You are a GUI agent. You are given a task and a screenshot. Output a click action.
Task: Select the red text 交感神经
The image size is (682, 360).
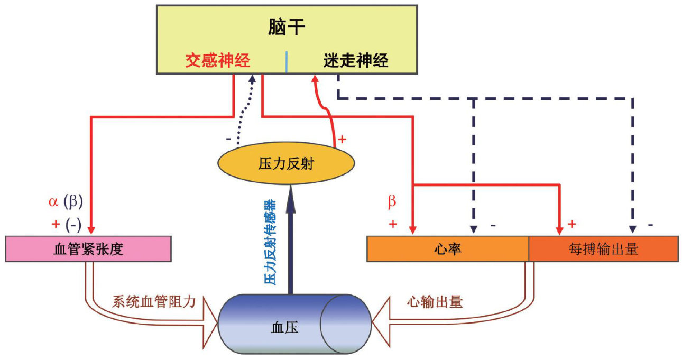217,61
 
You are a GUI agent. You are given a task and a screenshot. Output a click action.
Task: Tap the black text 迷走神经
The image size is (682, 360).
356,61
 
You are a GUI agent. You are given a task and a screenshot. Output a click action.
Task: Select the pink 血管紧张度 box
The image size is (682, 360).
88,249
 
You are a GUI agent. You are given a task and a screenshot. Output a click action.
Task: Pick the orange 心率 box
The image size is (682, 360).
447,249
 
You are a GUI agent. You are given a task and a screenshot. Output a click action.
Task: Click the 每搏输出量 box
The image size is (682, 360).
603,249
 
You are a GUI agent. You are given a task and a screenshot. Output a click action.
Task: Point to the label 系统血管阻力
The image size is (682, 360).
154,302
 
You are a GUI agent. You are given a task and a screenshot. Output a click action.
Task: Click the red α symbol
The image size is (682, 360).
52,202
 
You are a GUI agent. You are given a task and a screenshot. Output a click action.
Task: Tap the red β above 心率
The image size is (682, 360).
392,202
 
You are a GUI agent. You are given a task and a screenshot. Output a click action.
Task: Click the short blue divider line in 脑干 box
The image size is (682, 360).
287,62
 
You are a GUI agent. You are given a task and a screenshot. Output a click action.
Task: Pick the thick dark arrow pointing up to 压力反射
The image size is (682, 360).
290,238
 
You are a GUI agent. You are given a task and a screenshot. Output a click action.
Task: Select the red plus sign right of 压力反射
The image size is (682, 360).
342,140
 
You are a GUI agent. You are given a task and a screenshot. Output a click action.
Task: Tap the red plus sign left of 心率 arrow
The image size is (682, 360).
392,224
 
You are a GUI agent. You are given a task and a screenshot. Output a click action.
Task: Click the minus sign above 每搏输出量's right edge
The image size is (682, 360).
650,224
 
